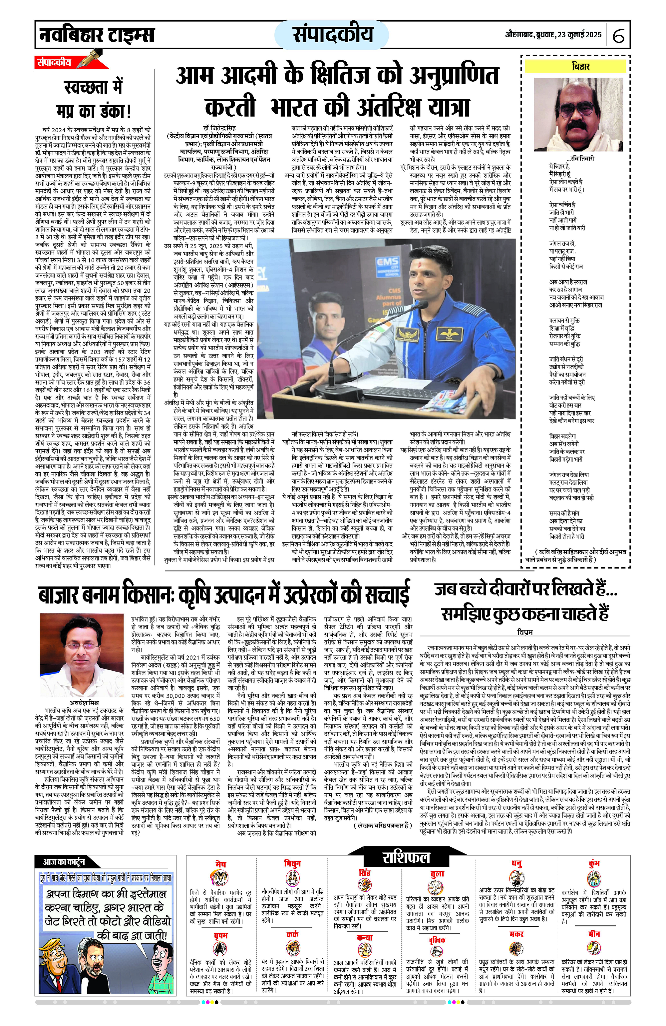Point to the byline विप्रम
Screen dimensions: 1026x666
[x=525, y=632]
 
